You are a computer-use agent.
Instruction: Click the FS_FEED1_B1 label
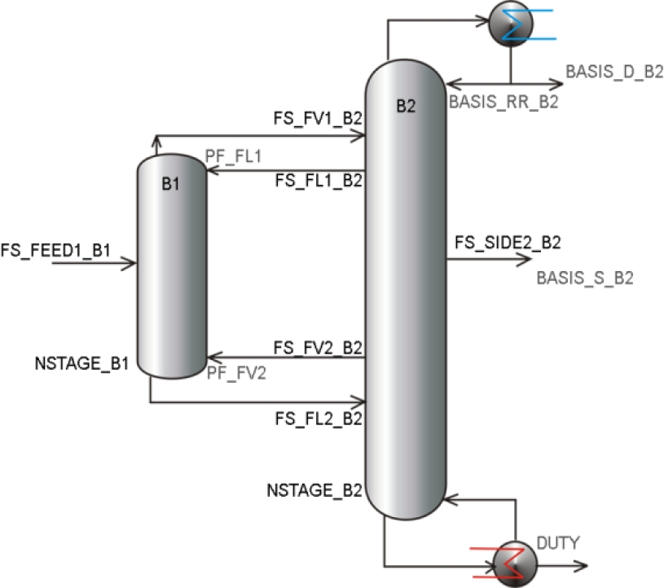pos(55,248)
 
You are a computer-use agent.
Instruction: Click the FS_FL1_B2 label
pos(318,181)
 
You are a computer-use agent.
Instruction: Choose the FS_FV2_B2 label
pos(318,346)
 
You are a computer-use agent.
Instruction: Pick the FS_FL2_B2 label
pos(318,419)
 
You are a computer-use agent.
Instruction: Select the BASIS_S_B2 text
pos(584,279)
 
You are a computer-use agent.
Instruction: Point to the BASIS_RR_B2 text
pos(503,101)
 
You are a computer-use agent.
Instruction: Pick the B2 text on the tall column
pos(406,105)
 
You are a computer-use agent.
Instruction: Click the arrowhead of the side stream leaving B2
pos(525,259)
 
